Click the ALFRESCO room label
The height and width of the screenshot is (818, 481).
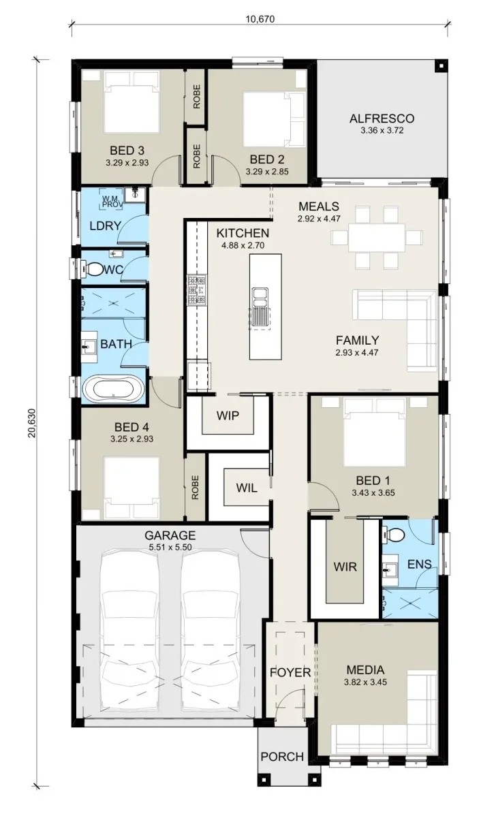click(382, 119)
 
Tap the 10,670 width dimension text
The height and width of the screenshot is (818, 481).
click(260, 19)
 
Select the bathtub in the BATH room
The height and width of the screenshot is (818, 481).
click(114, 390)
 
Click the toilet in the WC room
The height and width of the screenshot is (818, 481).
click(93, 269)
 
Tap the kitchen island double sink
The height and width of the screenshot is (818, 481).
click(260, 296)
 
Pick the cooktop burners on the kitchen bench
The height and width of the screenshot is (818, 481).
click(197, 290)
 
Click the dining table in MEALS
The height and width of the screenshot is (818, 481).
click(377, 238)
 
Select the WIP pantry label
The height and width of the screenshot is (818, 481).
click(228, 415)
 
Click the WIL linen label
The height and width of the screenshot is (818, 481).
click(246, 488)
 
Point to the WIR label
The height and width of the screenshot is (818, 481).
click(345, 567)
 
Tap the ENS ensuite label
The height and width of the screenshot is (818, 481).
click(419, 564)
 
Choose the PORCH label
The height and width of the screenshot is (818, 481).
click(282, 757)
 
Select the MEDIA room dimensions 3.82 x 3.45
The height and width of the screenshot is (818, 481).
click(365, 682)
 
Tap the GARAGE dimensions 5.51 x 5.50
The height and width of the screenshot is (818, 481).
click(170, 547)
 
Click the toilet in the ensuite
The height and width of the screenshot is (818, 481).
click(393, 535)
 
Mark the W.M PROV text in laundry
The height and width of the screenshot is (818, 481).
click(111, 201)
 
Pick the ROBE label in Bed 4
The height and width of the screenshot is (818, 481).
click(195, 487)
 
